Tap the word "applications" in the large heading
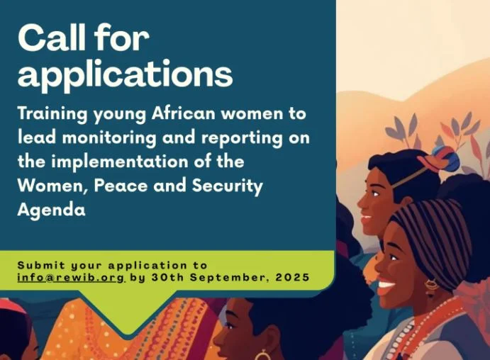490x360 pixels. (x=125, y=74)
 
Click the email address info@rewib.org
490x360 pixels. (x=71, y=277)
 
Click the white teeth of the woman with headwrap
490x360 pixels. (x=387, y=287)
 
